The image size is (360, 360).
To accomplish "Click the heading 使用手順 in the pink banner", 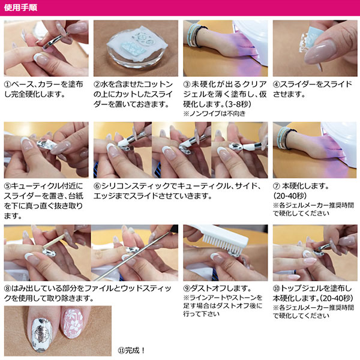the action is (20, 8).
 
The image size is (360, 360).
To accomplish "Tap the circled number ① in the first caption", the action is (8, 84).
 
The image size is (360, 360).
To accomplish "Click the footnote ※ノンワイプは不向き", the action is (214, 113).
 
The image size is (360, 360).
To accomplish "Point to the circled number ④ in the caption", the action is (277, 84).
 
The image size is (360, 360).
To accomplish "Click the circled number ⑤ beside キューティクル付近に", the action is (8, 186).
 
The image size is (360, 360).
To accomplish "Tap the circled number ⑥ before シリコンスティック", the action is (97, 186).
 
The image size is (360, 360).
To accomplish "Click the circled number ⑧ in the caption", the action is (8, 288).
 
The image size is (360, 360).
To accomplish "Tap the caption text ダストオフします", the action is (221, 288).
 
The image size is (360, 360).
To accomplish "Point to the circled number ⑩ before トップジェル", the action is (277, 288).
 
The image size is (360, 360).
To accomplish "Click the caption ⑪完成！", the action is (131, 350).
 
